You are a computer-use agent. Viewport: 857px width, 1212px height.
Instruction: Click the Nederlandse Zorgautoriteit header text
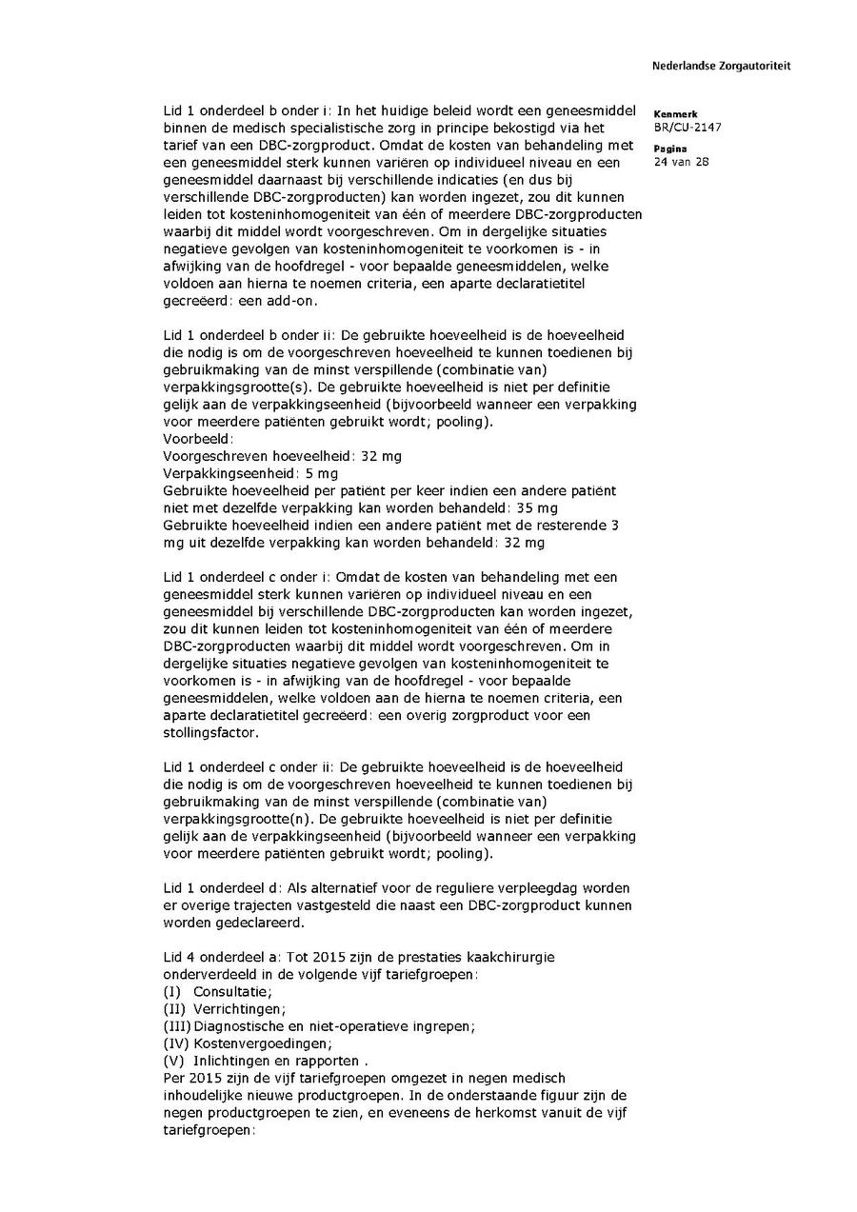tap(721, 66)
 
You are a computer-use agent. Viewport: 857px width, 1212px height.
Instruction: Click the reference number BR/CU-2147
tap(686, 127)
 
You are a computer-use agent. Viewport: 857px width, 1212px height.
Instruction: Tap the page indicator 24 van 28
tap(679, 162)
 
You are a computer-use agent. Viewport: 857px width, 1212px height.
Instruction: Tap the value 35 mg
tap(536, 507)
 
